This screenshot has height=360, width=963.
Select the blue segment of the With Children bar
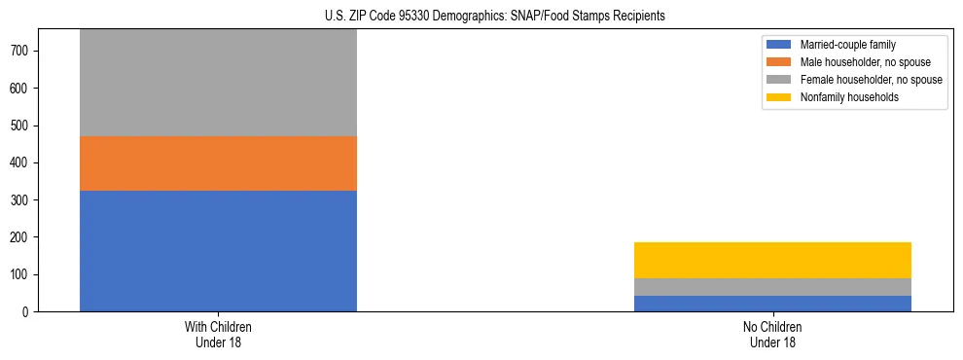pos(218,251)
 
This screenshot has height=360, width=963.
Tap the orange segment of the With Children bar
pos(218,163)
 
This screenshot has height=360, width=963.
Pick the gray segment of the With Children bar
pos(218,84)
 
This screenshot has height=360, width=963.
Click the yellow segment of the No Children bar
pos(772,260)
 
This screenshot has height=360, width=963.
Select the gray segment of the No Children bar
pos(772,287)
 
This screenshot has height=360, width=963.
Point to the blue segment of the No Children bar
pos(772,304)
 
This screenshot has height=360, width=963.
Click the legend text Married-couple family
pos(847,45)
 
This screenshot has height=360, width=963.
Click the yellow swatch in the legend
pos(779,97)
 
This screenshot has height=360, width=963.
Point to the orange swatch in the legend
pos(779,62)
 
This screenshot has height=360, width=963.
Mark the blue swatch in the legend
pos(779,45)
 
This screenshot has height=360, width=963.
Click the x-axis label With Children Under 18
pos(218,335)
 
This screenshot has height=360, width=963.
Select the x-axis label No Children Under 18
pos(772,335)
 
